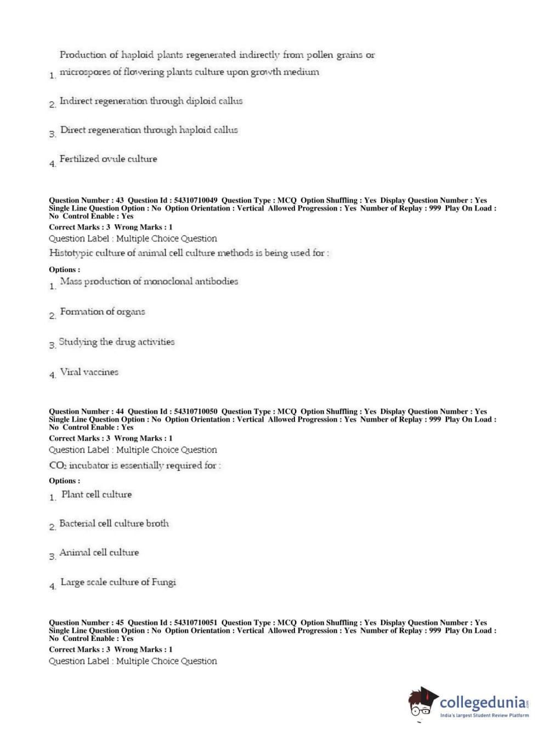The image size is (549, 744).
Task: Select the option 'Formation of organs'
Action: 103,312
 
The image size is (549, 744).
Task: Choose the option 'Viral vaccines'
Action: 89,372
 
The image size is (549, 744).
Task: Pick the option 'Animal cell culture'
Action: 99,553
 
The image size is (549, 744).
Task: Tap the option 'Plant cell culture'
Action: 97,494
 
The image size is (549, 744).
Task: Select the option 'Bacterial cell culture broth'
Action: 114,523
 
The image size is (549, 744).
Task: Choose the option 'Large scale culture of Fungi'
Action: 118,582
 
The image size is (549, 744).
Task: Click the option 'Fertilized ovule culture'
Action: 108,159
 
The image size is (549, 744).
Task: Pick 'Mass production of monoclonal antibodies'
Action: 149,281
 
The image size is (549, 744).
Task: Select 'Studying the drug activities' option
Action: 117,342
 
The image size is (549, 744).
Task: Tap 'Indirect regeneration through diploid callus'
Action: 151,101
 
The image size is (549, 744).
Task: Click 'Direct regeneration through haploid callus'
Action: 149,130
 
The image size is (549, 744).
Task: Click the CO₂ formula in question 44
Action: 57,465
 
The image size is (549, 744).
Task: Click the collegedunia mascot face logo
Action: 422,703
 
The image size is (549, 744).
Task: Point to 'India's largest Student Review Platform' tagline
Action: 484,715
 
